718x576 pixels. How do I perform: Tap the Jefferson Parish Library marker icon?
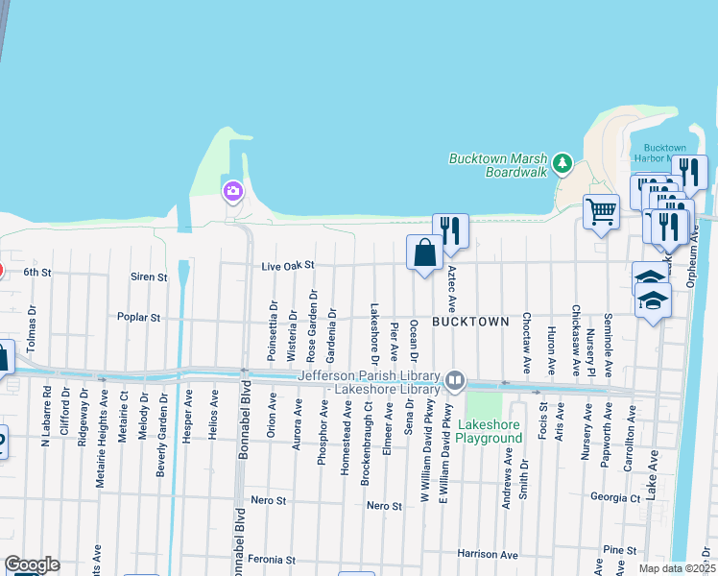pos(456,381)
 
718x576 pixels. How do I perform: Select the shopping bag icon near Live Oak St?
pos(424,253)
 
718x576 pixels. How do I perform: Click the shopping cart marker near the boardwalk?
pos(601,211)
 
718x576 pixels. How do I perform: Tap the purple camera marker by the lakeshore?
pos(232,192)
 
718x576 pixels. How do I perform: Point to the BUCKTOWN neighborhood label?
pos(468,322)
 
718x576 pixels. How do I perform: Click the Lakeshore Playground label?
pos(490,431)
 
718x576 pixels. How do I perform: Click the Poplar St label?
pos(137,316)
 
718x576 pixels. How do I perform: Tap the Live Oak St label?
pos(288,266)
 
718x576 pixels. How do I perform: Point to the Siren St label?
pos(149,276)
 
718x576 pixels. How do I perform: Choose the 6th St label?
pos(36,272)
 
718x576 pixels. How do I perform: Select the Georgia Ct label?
pos(615,498)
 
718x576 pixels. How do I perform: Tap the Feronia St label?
pos(271,559)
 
